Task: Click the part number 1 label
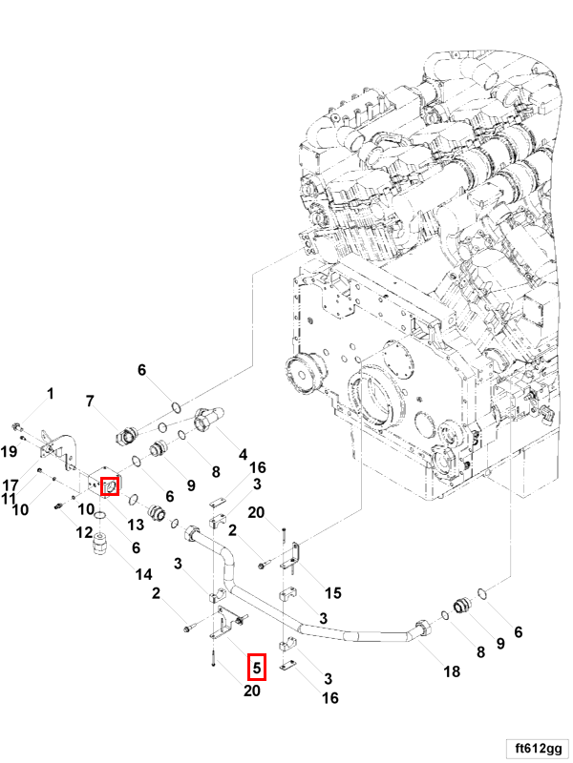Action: (x=51, y=393)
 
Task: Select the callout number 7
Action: (x=91, y=402)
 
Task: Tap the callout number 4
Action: (x=244, y=454)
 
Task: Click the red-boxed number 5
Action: (x=257, y=666)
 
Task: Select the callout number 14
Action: (x=143, y=574)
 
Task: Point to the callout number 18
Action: (x=452, y=671)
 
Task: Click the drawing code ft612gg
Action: (x=538, y=746)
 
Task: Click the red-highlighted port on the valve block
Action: (x=109, y=486)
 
